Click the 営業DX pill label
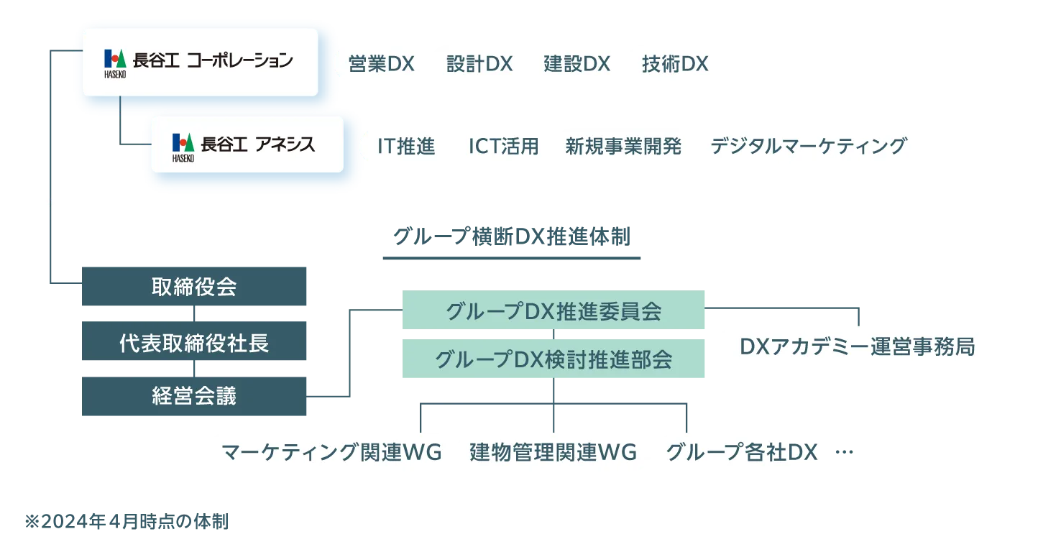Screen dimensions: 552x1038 click(381, 64)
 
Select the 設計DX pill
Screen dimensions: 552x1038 click(479, 64)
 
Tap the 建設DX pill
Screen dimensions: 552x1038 click(577, 64)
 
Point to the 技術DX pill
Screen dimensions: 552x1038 click(674, 64)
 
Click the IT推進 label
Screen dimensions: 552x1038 click(406, 147)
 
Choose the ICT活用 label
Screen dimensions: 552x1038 click(503, 147)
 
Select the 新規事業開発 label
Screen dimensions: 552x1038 click(623, 147)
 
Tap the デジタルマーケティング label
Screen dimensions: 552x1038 click(808, 147)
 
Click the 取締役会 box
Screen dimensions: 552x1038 click(195, 287)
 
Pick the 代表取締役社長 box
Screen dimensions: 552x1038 click(195, 343)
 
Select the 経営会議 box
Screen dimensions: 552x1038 click(195, 396)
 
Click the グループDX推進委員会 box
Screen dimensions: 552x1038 click(554, 311)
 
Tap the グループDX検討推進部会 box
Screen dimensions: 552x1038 click(554, 359)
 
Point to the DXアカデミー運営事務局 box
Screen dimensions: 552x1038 click(857, 347)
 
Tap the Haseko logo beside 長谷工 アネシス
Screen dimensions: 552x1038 click(183, 146)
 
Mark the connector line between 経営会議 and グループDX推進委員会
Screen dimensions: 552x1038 click(349, 352)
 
